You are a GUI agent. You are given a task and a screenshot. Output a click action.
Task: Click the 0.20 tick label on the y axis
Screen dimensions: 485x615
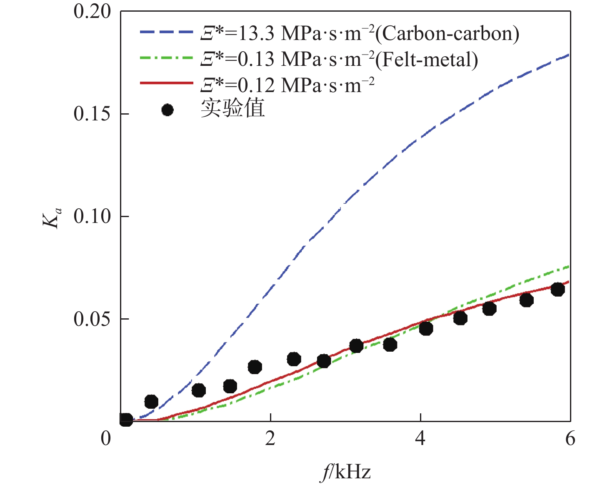tap(92, 11)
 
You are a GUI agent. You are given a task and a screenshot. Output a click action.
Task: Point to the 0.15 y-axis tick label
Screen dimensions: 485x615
tap(92, 114)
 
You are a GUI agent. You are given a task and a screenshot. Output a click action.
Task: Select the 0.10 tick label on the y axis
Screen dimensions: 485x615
tap(92, 216)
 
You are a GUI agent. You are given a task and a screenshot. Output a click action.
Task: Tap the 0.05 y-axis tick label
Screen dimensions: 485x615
tap(92, 319)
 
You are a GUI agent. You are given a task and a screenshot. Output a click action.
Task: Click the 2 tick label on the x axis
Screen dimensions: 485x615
tap(270, 439)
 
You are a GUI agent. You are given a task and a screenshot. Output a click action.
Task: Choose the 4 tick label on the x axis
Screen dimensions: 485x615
tap(420, 439)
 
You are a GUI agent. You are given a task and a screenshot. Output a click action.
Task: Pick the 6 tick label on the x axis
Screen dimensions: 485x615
tap(570, 439)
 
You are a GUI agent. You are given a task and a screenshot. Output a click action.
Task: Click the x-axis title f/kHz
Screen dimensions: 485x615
tap(346, 472)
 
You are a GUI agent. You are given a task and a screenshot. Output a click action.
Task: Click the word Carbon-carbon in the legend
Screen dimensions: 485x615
tap(447, 33)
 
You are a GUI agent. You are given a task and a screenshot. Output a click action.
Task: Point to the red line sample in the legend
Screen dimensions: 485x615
tap(166, 83)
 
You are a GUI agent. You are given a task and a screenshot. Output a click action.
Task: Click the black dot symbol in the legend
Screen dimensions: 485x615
tap(167, 110)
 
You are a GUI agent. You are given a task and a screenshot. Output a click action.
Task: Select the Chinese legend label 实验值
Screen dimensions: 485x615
tap(233, 108)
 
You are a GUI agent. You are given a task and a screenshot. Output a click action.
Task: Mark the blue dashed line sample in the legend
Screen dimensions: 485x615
tap(166, 32)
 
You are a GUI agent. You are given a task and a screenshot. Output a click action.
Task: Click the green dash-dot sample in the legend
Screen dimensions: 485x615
tap(166, 58)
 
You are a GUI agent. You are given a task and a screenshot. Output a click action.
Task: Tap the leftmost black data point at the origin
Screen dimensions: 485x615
tap(126, 420)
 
